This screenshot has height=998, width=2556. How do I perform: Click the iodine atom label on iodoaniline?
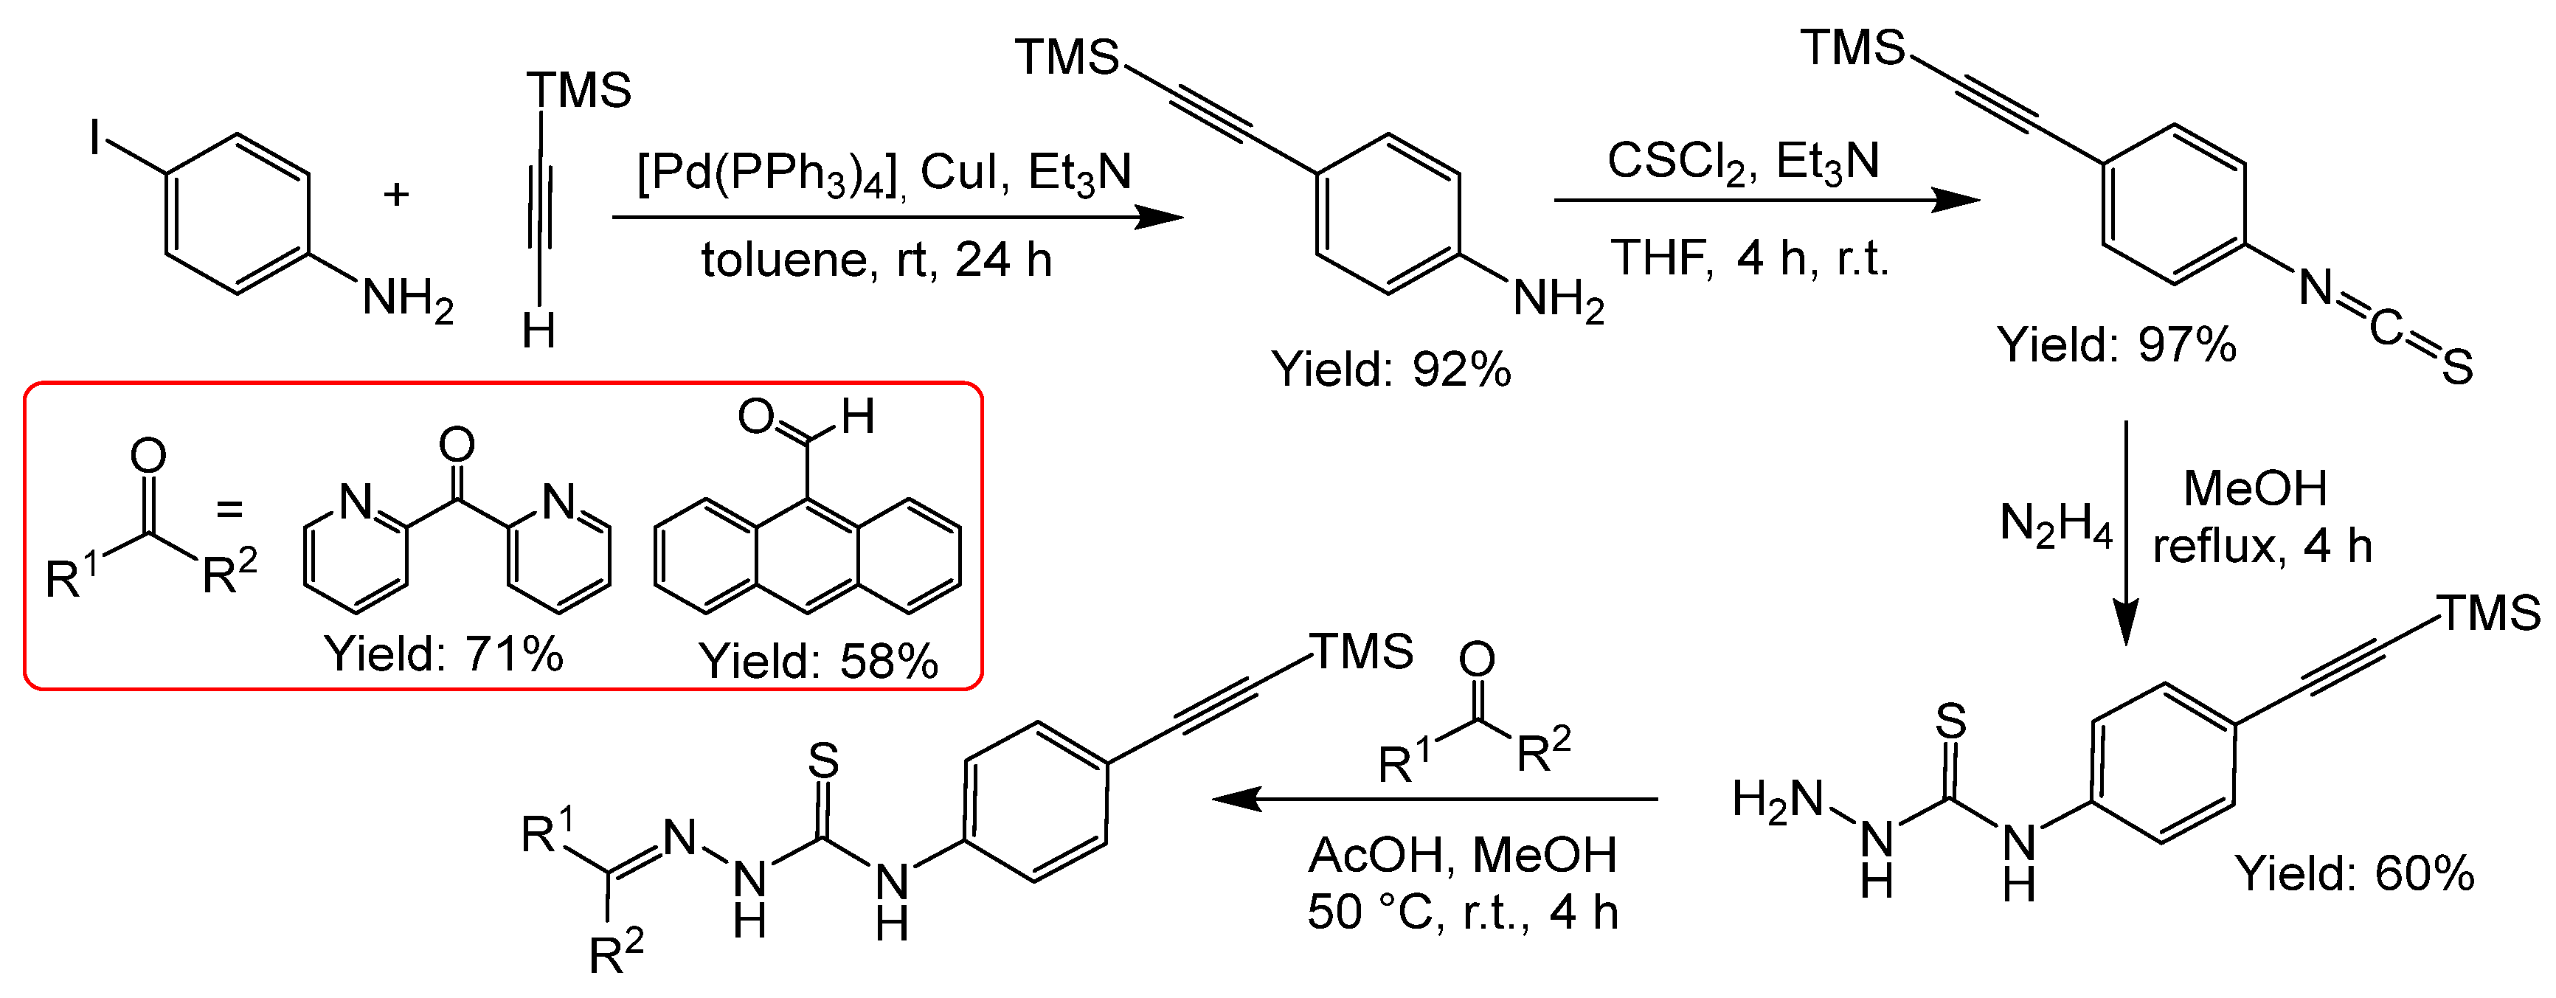point(95,138)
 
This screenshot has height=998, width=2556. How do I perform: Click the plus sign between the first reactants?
point(397,195)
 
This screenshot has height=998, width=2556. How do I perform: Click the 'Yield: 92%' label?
point(1391,370)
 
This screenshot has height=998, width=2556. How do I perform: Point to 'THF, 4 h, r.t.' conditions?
point(1748,259)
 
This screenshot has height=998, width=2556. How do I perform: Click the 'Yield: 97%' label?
point(2116,345)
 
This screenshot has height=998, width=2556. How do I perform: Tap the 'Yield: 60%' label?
point(2355,874)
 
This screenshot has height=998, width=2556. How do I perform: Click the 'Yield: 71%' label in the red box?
point(443,655)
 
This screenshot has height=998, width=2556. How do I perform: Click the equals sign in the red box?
point(230,510)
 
